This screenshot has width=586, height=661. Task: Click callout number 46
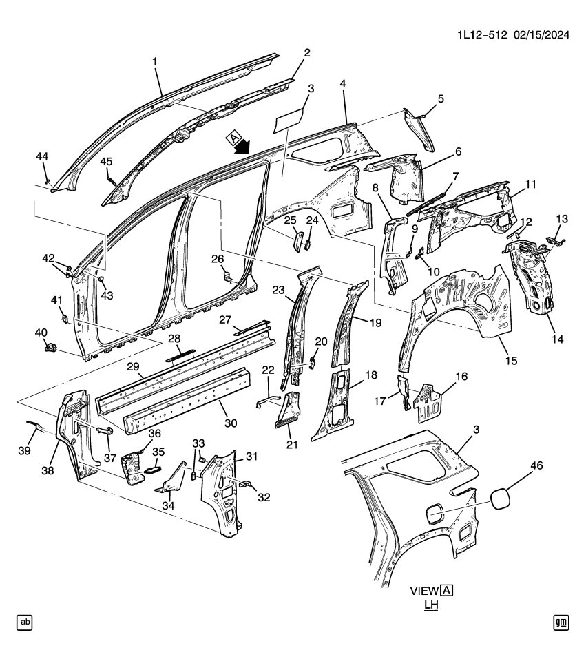(x=536, y=466)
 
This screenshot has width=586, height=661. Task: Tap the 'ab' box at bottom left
(x=25, y=622)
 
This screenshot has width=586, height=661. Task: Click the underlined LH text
(x=432, y=605)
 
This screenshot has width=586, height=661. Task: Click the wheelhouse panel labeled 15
(x=461, y=303)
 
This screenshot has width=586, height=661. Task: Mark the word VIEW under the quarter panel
(x=425, y=591)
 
